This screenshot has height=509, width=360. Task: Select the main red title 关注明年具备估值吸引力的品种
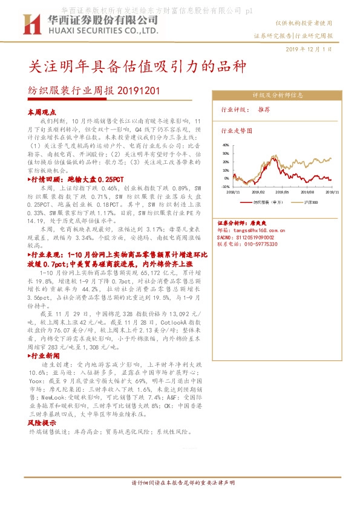(137, 65)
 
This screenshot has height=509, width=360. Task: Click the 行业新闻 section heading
(44, 374)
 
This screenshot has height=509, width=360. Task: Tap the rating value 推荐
(264, 110)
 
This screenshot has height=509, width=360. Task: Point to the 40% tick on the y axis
(226, 146)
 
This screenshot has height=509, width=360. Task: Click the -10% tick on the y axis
(225, 187)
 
